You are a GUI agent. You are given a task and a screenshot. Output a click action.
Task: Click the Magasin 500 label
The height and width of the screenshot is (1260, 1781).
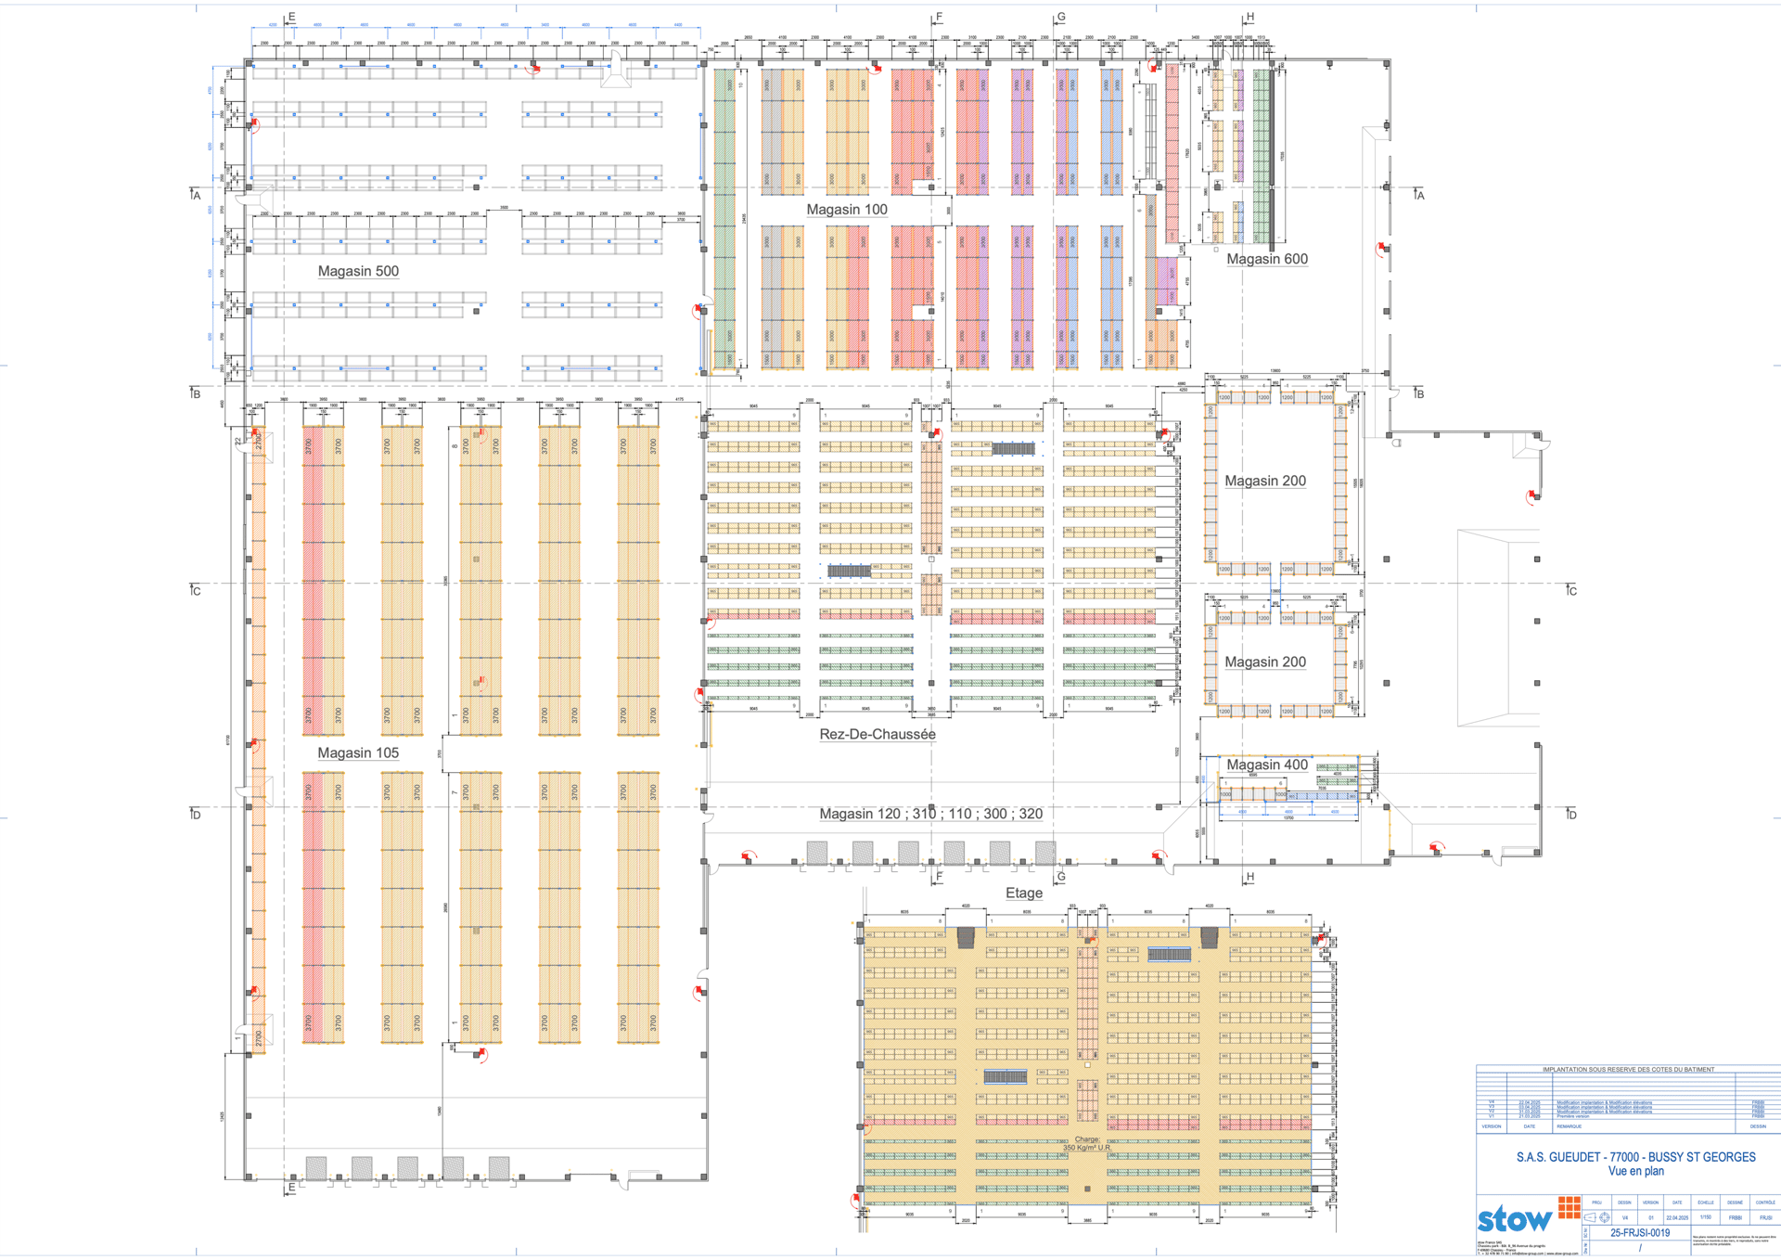[358, 271]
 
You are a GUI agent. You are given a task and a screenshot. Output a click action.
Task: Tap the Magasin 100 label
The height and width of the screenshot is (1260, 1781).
[846, 210]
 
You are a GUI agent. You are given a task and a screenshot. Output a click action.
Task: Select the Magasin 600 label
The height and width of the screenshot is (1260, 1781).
[1267, 259]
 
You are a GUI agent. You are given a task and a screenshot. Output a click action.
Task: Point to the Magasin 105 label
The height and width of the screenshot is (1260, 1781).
[358, 752]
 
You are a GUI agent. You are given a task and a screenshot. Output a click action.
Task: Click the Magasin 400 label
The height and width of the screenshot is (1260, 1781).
[1267, 765]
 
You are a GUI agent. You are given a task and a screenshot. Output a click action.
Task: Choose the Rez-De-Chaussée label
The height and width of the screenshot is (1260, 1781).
[877, 734]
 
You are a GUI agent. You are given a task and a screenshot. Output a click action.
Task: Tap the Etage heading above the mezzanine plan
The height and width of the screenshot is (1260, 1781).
[1024, 893]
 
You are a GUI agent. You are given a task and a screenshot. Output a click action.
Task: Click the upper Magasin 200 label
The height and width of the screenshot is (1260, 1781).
[1265, 481]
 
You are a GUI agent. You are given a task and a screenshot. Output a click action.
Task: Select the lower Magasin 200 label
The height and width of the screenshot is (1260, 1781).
[1265, 662]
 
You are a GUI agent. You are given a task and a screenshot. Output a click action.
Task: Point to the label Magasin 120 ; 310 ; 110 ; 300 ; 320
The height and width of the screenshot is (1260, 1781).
[930, 814]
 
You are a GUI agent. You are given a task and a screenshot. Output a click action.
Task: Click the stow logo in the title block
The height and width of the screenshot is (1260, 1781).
[1514, 1218]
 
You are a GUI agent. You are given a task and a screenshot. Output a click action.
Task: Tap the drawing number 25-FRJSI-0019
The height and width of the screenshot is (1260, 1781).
[1639, 1233]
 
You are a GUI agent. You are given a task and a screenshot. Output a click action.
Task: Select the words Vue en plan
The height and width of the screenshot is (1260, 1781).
[1635, 1171]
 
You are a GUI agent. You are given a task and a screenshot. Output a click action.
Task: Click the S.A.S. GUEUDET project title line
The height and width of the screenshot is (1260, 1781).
[1635, 1157]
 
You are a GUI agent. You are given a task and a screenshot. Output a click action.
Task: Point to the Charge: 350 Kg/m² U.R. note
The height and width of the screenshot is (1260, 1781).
[1087, 1144]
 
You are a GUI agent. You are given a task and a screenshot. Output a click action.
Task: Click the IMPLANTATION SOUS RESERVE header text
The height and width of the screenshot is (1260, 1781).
[1628, 1070]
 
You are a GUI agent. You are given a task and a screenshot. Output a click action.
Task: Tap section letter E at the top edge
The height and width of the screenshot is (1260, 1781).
[291, 17]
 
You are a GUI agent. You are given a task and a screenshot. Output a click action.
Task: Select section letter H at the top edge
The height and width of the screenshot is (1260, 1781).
[1249, 17]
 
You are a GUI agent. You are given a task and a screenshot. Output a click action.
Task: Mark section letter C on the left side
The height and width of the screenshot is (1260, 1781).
[196, 591]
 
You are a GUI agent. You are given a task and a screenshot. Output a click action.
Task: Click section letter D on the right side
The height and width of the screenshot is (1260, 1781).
[1571, 815]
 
